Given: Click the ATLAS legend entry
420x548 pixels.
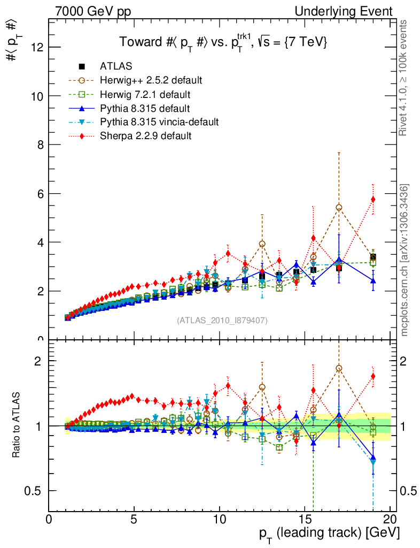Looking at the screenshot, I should click(116, 66).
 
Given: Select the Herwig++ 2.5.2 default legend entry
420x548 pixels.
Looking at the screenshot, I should click(151, 80).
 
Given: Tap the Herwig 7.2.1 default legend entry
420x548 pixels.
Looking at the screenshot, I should click(145, 94).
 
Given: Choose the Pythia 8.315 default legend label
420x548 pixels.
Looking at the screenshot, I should click(144, 108).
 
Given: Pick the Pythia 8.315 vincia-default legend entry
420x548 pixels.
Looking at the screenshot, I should click(159, 122).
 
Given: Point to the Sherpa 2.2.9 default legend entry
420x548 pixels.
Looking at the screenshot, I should click(145, 136).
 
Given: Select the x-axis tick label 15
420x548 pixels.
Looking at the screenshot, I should click(305, 520).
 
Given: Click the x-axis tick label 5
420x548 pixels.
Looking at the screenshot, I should click(134, 520).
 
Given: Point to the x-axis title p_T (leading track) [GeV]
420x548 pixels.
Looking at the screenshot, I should click(329, 534).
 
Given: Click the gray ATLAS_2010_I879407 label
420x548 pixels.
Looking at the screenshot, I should click(222, 320).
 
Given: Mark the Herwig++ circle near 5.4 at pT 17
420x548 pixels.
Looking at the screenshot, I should click(339, 208).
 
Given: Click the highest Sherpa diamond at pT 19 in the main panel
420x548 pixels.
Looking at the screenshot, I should click(373, 199).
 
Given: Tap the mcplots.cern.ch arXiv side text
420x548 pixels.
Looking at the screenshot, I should click(405, 260).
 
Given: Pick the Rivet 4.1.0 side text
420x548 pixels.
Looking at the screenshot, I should click(405, 78).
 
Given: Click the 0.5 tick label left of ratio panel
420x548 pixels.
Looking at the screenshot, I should click(36, 491).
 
